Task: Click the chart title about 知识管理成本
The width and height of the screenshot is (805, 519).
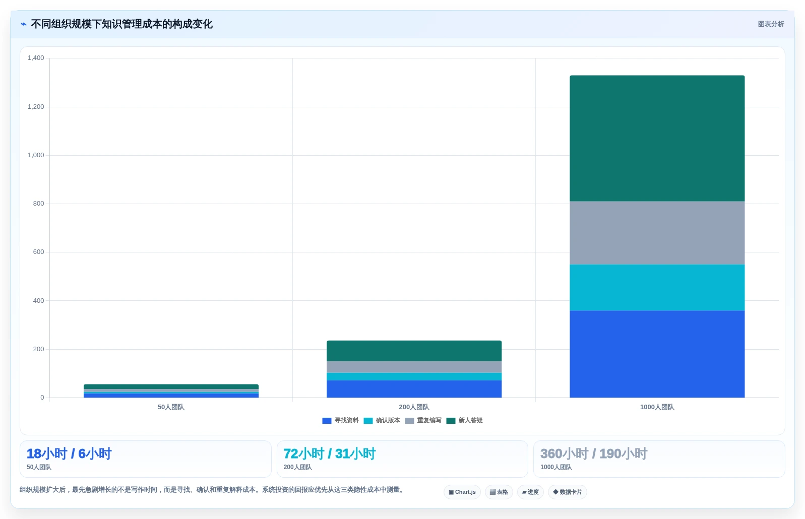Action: click(121, 24)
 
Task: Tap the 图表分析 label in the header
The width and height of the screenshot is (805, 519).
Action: click(771, 24)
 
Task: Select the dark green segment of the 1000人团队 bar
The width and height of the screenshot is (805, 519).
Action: click(657, 138)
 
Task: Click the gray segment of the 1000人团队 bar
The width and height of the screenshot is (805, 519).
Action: click(657, 233)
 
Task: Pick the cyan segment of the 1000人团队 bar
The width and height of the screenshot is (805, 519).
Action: click(657, 287)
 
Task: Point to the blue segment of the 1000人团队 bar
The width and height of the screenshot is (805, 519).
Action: click(657, 354)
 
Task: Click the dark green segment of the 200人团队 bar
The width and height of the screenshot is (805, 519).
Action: click(414, 351)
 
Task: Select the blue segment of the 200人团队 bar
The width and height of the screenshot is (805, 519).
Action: click(414, 389)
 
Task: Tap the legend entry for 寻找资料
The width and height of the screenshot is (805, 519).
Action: click(340, 420)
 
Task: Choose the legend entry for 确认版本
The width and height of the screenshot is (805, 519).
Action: click(382, 420)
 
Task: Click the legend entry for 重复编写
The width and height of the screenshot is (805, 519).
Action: click(423, 420)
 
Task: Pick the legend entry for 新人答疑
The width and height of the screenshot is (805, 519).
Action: click(464, 420)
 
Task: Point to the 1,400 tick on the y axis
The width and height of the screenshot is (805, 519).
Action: click(36, 58)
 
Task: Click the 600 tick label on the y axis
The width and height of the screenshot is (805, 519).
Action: click(38, 252)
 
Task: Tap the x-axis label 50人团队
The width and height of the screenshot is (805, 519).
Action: click(171, 407)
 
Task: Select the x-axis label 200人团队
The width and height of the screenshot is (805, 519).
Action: click(414, 407)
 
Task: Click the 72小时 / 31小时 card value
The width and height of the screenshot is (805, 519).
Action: click(330, 453)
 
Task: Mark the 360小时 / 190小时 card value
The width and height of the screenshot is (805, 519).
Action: click(594, 453)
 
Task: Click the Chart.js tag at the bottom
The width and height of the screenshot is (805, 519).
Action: click(462, 492)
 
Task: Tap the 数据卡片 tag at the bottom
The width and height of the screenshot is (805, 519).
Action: click(568, 492)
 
